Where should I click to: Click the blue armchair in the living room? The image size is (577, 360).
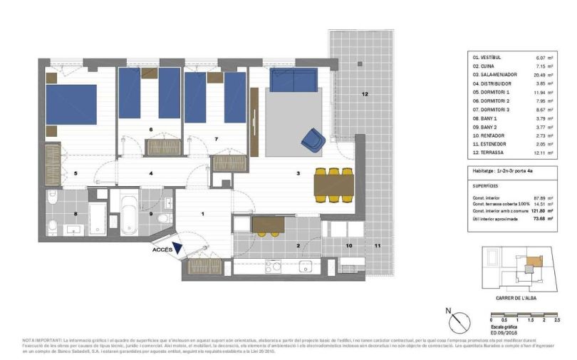(x=312, y=139)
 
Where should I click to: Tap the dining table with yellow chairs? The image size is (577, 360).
(x=333, y=185)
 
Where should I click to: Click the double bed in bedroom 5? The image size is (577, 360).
(x=71, y=104)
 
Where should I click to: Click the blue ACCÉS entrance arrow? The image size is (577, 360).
(x=177, y=247)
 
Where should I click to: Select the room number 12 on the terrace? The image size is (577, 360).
(x=364, y=94)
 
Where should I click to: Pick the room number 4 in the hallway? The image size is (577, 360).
(x=150, y=173)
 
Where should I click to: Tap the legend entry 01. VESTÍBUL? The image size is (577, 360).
(x=487, y=56)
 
